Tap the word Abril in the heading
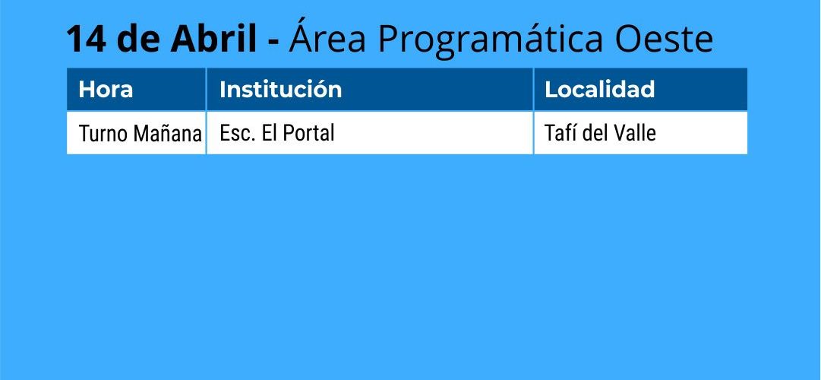point(213,38)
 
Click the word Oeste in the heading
point(664,39)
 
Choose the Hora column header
point(106,89)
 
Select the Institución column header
point(281,89)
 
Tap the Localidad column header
point(599,89)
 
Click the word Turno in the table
point(103,134)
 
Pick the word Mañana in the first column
point(168,134)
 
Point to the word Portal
point(308,133)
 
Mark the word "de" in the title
point(138,38)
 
